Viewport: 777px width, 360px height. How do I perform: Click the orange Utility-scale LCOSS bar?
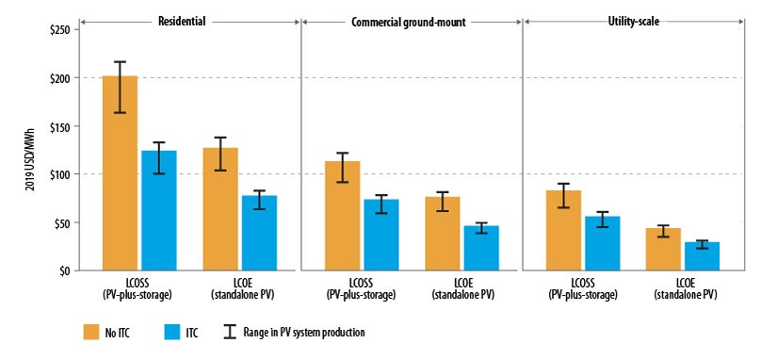pos(565,230)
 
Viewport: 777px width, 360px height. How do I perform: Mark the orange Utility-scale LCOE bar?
pos(663,249)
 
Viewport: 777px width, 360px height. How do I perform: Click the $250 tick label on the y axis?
pos(57,29)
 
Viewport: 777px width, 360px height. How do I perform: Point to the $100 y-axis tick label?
pos(57,174)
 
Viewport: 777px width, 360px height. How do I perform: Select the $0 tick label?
pos(62,271)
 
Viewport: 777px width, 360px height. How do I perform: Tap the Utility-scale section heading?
pos(633,19)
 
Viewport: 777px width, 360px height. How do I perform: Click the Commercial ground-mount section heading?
pos(412,19)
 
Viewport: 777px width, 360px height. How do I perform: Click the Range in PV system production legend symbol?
pos(228,332)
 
